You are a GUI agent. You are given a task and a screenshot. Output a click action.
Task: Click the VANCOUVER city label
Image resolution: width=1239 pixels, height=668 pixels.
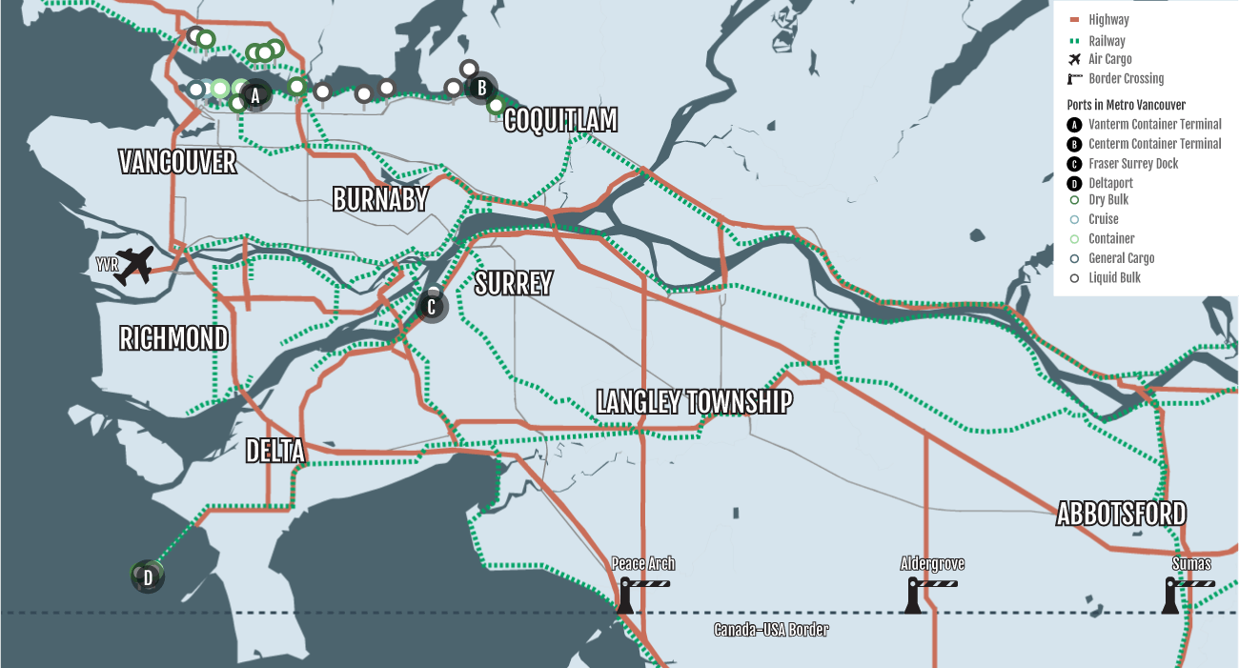[177, 162]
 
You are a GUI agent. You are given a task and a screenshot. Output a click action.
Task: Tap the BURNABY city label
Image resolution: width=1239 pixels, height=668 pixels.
[380, 199]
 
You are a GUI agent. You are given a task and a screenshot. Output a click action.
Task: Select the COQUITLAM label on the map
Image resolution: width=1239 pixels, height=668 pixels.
[560, 120]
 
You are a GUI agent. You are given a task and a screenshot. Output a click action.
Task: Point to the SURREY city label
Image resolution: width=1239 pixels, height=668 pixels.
[514, 283]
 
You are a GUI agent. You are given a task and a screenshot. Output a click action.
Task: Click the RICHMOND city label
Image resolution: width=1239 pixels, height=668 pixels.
[173, 338]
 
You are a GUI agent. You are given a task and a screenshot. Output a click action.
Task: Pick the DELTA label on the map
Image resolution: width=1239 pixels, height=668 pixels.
[274, 451]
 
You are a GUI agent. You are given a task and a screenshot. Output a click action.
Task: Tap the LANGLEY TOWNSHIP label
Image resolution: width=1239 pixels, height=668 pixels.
[694, 402]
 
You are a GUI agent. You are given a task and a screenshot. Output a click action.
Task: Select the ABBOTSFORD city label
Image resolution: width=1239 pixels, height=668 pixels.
[1122, 514]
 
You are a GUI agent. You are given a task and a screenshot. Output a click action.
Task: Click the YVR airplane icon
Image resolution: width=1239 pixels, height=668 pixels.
[132, 265]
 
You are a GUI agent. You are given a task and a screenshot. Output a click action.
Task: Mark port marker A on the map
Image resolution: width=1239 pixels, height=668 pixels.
[254, 95]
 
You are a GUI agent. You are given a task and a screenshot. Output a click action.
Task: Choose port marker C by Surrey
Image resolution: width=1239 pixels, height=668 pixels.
[432, 307]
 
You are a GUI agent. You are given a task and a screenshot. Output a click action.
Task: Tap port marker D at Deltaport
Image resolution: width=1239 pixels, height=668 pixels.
[148, 577]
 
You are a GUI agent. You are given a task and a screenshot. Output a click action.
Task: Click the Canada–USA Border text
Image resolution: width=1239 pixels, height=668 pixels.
[771, 630]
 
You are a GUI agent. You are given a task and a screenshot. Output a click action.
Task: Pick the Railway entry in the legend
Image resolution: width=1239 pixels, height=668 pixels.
[1107, 41]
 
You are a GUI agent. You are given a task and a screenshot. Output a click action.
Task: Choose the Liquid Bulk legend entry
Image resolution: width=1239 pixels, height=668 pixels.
[1114, 278]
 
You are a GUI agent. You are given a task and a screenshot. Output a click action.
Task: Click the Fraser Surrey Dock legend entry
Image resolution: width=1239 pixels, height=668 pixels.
[1133, 164]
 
